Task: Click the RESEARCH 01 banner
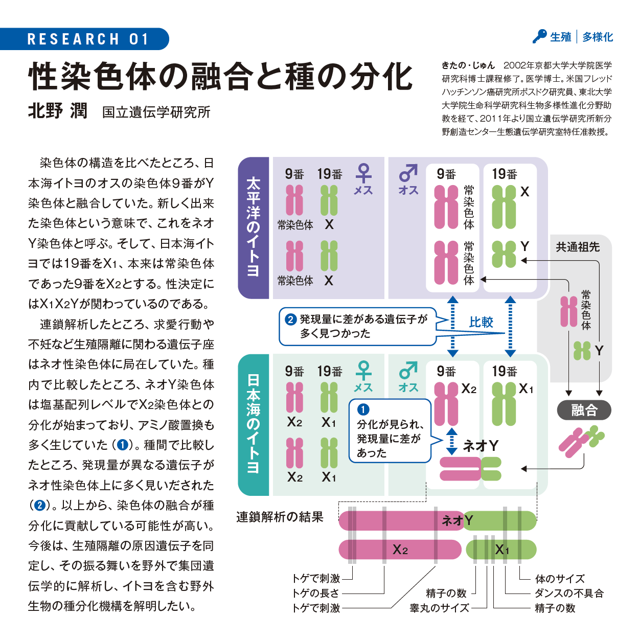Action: pos(87,39)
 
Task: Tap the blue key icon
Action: pos(539,36)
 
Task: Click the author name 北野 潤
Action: pos(58,111)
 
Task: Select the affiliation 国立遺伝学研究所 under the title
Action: pos(156,112)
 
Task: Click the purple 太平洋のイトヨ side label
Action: pos(254,227)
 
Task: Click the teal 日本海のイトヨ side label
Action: pos(254,424)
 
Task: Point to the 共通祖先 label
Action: pos(578,247)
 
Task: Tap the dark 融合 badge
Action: pos(584,410)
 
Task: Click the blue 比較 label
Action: pos(481,322)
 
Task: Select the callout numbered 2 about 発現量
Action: pos(358,326)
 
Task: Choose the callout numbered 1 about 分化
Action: pos(390,431)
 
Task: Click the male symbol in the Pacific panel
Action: pos(408,173)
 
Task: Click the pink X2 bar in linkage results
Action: pos(400,550)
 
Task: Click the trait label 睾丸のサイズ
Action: pos(440,608)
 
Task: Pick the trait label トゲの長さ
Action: pos(316,593)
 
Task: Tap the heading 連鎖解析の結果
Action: pos(280,517)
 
